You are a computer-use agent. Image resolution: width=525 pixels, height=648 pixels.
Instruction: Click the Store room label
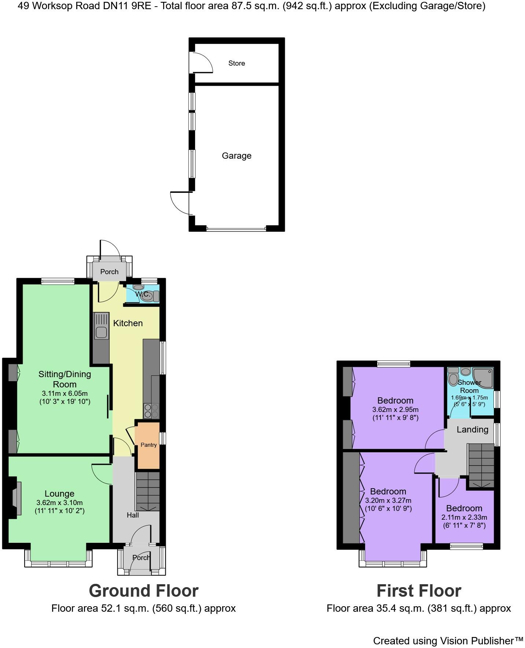tap(236, 63)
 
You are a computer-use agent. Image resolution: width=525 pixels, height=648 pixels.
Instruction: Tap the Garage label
tap(236, 156)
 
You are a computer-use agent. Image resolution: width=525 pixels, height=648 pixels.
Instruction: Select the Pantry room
tap(148, 445)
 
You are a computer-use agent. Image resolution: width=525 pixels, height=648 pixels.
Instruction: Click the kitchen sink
tap(101, 332)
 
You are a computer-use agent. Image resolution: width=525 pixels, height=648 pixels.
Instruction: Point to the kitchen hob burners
tap(151, 411)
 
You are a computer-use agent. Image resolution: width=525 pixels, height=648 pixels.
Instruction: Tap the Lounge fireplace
tap(16, 498)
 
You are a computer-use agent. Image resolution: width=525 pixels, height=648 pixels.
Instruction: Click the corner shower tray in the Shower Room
tap(484, 378)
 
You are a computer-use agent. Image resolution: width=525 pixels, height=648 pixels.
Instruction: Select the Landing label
tap(472, 430)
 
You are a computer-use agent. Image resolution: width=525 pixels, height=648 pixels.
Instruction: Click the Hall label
tap(133, 515)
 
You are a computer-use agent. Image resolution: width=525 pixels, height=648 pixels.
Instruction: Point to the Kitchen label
tap(128, 323)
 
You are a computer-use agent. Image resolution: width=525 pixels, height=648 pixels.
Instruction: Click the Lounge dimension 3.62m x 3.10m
tap(59, 503)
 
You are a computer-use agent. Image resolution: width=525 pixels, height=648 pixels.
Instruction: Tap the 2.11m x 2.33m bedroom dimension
tap(464, 518)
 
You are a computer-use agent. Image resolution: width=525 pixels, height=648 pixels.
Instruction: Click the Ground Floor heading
tap(143, 591)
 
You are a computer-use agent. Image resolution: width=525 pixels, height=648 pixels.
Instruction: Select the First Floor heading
tap(419, 591)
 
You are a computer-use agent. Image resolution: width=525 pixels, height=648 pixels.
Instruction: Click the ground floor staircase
tap(148, 491)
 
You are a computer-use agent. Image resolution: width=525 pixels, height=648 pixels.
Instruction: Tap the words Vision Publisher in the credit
tap(481, 641)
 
